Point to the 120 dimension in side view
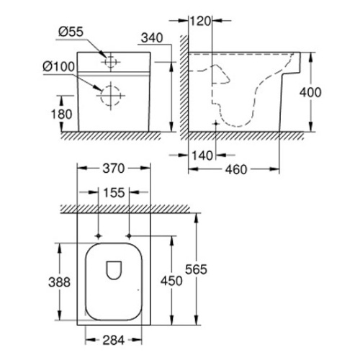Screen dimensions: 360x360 coord(200,19)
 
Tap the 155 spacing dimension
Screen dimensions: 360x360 coord(112,192)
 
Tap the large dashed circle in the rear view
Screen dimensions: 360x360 coord(110,94)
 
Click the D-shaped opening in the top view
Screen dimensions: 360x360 coord(113,270)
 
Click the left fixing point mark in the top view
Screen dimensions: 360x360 coord(97,236)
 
